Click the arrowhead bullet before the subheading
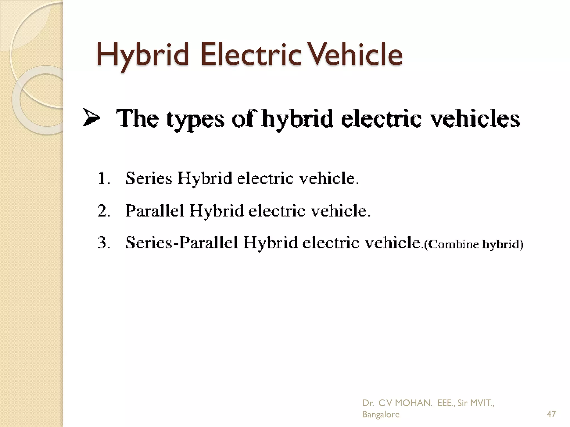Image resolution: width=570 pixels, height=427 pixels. click(x=91, y=118)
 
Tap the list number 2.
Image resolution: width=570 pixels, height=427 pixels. click(x=104, y=211)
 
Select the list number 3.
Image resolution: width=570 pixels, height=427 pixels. click(x=104, y=243)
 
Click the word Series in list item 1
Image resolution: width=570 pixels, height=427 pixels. click(x=149, y=178)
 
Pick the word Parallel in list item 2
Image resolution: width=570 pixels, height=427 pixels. click(x=155, y=210)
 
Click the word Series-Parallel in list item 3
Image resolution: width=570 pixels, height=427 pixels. click(x=182, y=243)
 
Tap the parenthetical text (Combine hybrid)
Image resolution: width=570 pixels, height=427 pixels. click(x=473, y=244)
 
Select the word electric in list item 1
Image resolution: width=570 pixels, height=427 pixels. click(x=265, y=178)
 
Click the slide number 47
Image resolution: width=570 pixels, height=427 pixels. click(x=551, y=414)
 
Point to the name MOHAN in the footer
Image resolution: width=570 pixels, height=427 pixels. click(x=414, y=403)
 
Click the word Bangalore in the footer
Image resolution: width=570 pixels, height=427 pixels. click(x=380, y=414)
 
